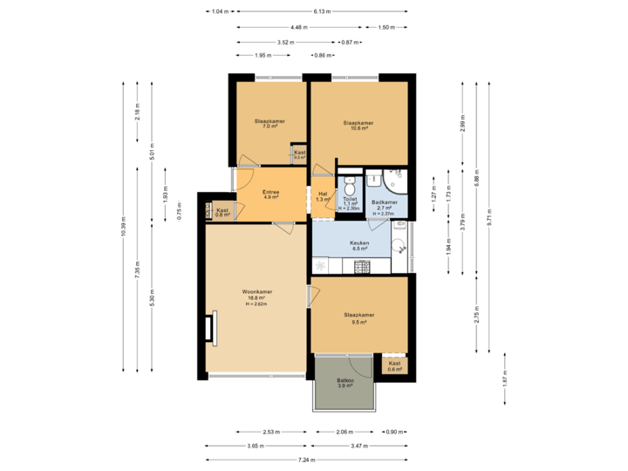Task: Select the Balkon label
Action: click(345, 382)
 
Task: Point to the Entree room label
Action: click(270, 195)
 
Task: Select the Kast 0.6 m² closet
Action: click(395, 365)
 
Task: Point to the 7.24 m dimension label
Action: click(306, 460)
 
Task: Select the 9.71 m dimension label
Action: click(489, 223)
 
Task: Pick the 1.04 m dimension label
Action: click(221, 11)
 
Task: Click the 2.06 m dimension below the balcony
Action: click(345, 432)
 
